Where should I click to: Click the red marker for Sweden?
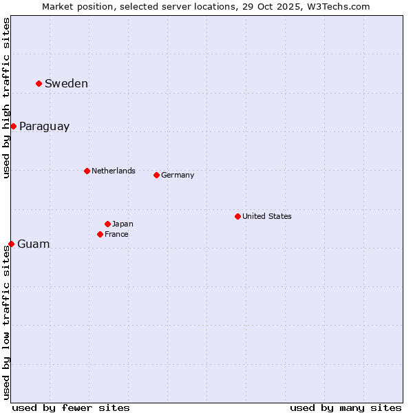tap(39, 83)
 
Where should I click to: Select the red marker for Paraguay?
tap(13, 126)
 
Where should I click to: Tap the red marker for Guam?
tap(11, 244)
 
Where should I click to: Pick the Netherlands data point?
tap(87, 171)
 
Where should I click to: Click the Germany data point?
tap(156, 175)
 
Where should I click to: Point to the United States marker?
tap(237, 216)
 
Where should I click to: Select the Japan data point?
tap(107, 224)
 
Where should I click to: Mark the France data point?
tap(100, 234)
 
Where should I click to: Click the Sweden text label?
tap(66, 84)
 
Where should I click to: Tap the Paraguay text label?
tap(44, 127)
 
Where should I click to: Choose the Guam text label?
tap(33, 244)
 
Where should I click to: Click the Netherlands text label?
tap(113, 171)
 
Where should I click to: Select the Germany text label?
tap(178, 175)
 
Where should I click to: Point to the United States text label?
tap(266, 216)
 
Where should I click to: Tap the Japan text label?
tap(123, 224)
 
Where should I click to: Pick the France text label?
tap(116, 234)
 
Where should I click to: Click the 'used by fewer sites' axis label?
tap(71, 407)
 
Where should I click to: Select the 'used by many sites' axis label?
tap(346, 407)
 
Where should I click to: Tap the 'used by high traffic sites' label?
tap(7, 98)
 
